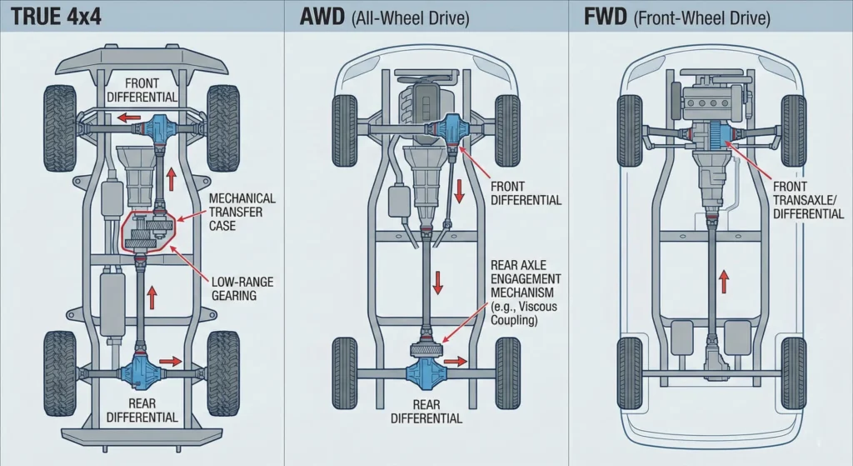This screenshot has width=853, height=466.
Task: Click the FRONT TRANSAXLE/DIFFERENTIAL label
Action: [808, 201]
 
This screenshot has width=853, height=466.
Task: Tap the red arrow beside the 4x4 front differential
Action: [127, 119]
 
